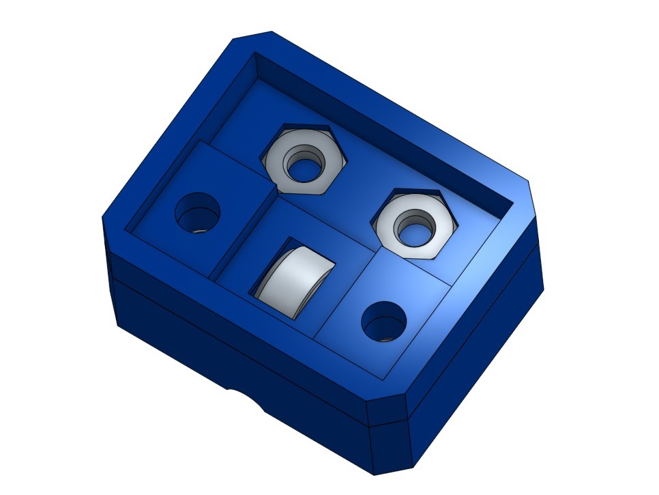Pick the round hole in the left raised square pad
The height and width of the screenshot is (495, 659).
(198, 214)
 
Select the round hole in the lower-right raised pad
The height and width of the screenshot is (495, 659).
(383, 320)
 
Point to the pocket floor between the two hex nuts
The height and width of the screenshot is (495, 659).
(355, 198)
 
